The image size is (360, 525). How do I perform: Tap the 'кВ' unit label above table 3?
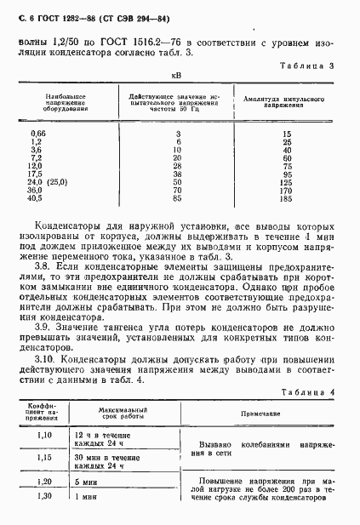click(177, 77)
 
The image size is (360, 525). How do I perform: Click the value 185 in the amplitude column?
click(285, 198)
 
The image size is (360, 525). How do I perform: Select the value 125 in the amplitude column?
click(285, 182)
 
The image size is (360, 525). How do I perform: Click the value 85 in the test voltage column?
click(178, 198)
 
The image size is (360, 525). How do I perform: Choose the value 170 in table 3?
click(285, 191)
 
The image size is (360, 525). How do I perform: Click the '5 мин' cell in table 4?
click(83, 482)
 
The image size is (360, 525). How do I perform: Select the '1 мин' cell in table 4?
click(83, 497)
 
